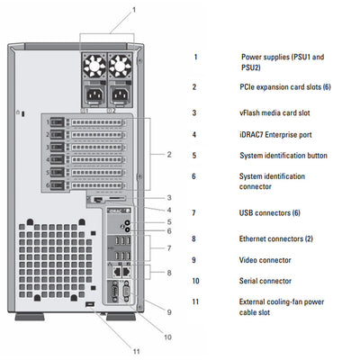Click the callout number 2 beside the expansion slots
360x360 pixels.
pos(169,154)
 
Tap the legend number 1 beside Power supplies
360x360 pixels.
pos(194,57)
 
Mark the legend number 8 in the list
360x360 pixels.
pos(194,238)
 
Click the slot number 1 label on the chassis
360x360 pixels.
pos(48,119)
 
